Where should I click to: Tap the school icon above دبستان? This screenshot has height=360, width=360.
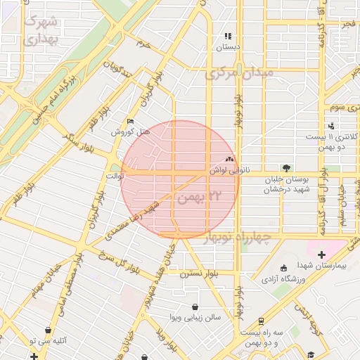[227, 36]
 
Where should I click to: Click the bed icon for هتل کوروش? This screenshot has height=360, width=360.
[129, 121]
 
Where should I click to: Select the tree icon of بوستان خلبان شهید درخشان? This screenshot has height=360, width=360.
[285, 167]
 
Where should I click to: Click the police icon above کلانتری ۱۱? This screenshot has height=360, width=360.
[331, 124]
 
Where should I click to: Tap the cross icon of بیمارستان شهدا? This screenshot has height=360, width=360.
[321, 254]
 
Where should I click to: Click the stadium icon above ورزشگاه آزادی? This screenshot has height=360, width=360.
[283, 269]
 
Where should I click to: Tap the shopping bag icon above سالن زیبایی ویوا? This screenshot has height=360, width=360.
[195, 307]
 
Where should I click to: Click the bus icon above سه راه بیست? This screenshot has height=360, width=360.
[261, 320]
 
